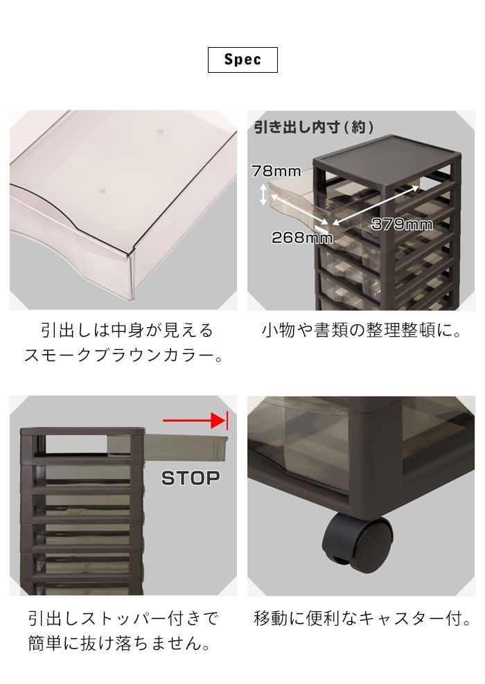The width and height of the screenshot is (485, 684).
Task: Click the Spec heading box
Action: [x=242, y=60]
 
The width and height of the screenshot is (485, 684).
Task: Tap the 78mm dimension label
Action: [x=276, y=170]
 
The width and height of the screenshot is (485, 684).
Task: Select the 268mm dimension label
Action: [x=301, y=238]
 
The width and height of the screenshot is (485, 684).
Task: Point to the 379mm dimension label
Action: [x=401, y=224]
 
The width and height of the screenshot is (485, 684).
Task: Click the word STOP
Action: [x=190, y=477]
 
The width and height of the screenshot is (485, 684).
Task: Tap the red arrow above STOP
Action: [x=194, y=420]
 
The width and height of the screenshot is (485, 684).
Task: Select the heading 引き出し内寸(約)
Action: [x=314, y=128]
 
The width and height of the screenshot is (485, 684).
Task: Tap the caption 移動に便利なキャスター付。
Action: [x=362, y=618]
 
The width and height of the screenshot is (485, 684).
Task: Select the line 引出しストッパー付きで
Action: [x=123, y=618]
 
